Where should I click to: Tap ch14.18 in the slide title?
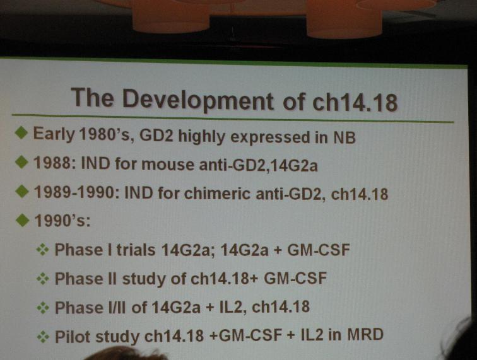tap(355, 103)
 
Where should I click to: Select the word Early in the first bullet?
tap(54, 134)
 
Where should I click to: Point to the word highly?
tap(201, 137)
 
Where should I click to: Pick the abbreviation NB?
tap(344, 137)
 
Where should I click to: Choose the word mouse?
tap(168, 165)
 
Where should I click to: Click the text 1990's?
tap(62, 220)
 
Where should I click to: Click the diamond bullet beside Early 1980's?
tap(21, 133)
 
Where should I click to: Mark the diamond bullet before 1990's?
tap(22, 220)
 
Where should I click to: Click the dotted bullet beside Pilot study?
tap(43, 337)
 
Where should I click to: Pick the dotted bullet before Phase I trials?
tap(43, 250)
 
